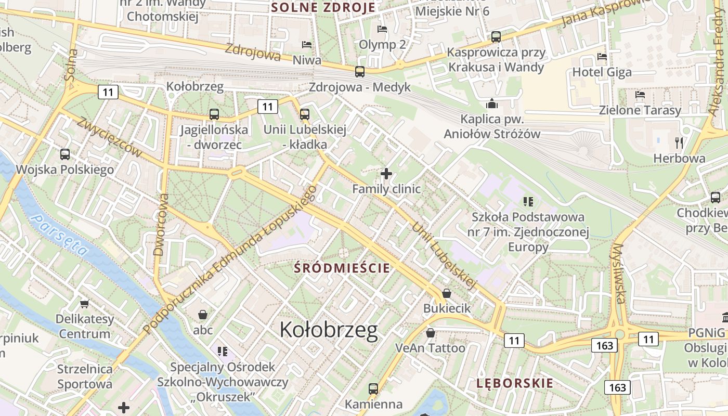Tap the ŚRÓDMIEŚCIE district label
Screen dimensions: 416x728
342,268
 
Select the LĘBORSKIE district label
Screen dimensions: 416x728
515,384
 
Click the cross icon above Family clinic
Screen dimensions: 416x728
386,174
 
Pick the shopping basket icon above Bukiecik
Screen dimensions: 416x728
446,294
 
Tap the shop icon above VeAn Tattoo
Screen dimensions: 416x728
430,333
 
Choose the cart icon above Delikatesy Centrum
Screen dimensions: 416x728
84,304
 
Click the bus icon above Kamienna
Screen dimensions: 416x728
373,388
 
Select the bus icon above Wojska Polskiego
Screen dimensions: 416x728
65,154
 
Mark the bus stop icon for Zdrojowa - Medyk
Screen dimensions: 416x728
360,72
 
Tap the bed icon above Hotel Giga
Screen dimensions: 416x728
602,57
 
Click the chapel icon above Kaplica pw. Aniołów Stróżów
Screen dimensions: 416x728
492,104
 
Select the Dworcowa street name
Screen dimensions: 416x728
161,225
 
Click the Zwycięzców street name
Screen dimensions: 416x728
109,137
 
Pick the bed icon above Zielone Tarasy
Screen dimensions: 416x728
640,95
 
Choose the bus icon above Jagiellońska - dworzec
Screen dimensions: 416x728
214,114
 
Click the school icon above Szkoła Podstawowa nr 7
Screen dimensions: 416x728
529,201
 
